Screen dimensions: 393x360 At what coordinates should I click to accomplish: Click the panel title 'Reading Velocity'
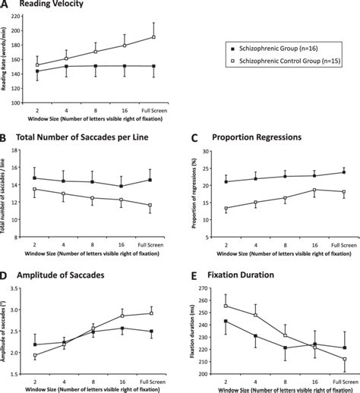click(54, 6)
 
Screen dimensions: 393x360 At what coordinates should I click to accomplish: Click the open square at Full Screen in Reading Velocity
click(154, 37)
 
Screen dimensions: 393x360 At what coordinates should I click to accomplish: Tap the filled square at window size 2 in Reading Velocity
click(37, 71)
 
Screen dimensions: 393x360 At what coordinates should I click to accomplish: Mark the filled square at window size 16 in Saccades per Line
click(122, 186)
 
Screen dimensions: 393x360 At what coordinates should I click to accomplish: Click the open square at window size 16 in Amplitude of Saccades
click(122, 315)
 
